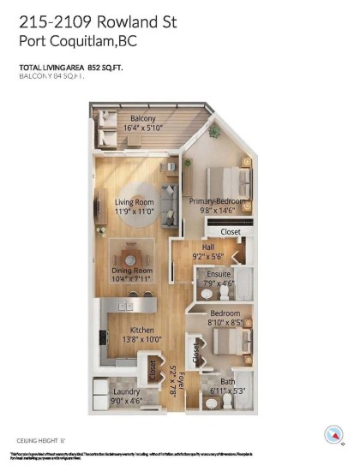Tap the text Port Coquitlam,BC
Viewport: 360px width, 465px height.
tap(77, 39)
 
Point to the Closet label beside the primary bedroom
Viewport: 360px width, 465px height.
tap(231, 231)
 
